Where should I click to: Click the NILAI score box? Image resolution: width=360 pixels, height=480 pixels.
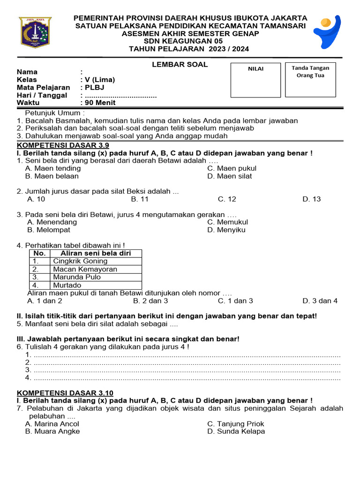(x=255, y=80)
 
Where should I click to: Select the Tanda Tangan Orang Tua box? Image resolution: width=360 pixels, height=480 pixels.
(x=310, y=80)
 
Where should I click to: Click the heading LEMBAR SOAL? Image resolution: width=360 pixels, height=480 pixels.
(x=180, y=65)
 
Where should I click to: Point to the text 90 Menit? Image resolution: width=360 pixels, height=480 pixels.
(x=100, y=103)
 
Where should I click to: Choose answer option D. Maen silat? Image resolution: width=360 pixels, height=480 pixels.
(x=229, y=176)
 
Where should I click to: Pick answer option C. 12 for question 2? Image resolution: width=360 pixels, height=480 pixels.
(x=227, y=199)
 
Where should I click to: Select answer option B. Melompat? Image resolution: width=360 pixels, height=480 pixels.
(x=49, y=230)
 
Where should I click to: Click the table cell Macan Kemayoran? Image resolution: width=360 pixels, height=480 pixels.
(x=85, y=270)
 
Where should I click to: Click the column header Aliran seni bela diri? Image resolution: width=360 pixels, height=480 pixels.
(x=96, y=254)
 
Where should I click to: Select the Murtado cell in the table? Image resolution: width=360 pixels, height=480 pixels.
(x=67, y=285)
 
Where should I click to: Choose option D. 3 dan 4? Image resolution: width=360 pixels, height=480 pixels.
(x=320, y=301)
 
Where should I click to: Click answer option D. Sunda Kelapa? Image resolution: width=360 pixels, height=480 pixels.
(x=236, y=431)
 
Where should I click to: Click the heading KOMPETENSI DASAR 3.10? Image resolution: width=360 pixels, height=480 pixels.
(x=65, y=393)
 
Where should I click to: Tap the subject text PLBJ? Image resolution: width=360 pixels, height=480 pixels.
(x=93, y=87)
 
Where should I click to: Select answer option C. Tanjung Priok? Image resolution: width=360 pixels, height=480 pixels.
(x=235, y=424)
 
